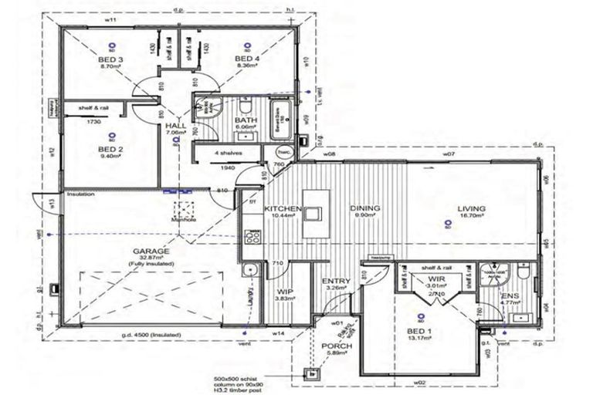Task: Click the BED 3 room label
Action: [112, 59]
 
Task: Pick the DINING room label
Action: [364, 209]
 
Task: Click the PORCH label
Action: [338, 346]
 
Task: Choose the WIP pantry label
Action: [283, 292]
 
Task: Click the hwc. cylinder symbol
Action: [283, 152]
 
